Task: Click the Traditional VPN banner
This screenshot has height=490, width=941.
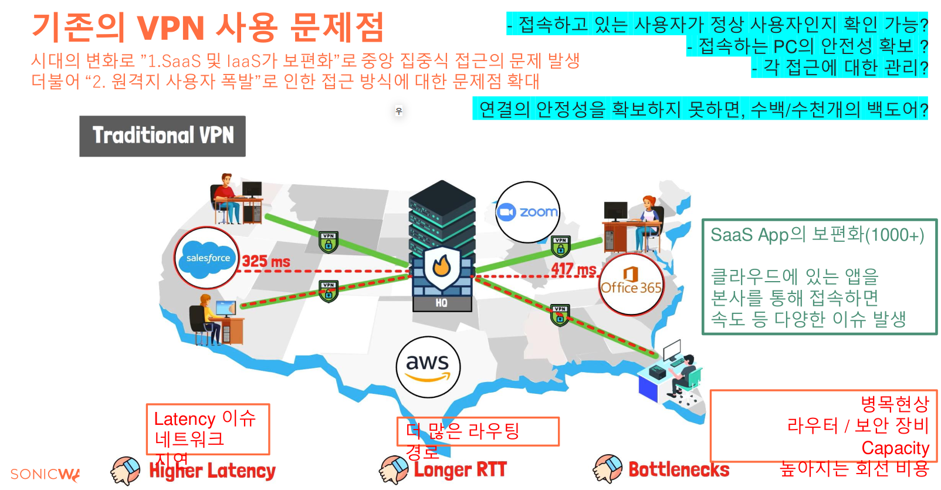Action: coord(163,136)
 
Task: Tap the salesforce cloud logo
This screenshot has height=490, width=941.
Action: coord(208,258)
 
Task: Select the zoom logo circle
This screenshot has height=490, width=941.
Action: coord(527,212)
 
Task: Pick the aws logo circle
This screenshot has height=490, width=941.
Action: coord(428,367)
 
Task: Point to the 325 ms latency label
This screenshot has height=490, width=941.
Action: coord(266,262)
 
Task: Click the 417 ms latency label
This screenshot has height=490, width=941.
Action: coord(573,269)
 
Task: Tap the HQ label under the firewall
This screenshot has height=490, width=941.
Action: coord(441,303)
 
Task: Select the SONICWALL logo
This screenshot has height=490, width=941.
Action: coord(45,474)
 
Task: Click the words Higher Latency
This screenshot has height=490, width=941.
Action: coord(212,471)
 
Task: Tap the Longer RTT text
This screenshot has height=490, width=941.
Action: coord(460,470)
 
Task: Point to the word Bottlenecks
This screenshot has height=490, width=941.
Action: coord(679,469)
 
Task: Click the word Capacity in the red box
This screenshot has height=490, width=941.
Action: coord(895,448)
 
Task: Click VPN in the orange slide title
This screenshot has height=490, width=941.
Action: coord(171,28)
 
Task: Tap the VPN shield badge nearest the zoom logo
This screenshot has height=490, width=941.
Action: coord(560,246)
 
